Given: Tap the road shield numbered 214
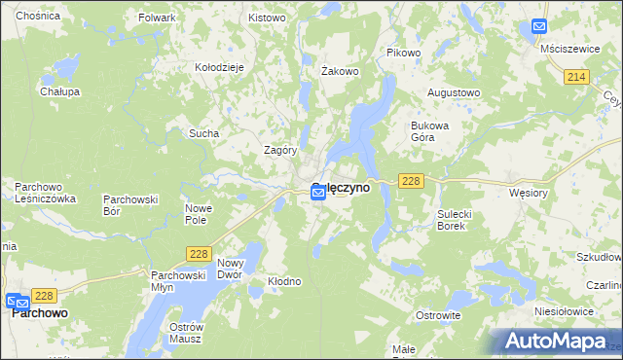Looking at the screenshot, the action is click(x=578, y=76).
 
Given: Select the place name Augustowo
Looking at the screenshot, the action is click(x=455, y=92).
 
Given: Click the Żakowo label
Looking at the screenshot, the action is click(x=341, y=71).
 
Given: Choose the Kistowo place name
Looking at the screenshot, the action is click(x=267, y=18).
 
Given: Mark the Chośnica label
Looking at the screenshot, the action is click(x=38, y=17).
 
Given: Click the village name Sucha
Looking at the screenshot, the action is click(x=203, y=133).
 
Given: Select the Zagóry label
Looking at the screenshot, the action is click(x=280, y=151).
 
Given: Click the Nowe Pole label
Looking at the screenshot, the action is click(x=199, y=214).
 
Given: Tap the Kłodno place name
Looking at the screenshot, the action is click(x=285, y=281).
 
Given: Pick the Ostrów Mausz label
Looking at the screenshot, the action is click(x=184, y=332).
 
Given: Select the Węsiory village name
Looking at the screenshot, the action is click(x=531, y=193).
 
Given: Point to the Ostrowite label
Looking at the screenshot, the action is click(x=437, y=316).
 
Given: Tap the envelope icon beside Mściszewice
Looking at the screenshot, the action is click(x=539, y=28).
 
